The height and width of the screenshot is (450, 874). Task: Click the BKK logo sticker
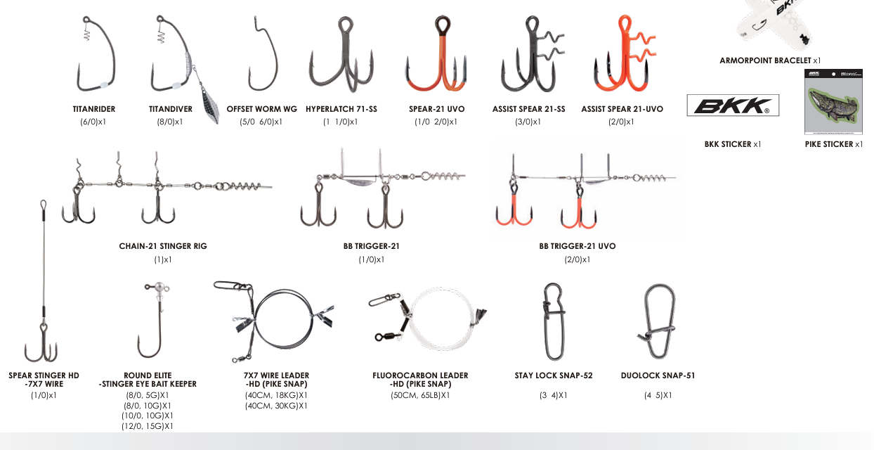733,105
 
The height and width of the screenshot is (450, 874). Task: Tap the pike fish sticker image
833,102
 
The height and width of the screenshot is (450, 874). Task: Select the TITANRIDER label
94,109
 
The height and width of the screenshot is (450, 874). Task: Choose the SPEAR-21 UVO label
436,109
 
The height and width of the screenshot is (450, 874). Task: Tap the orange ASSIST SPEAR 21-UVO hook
625,55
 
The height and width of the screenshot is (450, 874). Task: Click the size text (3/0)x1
528,122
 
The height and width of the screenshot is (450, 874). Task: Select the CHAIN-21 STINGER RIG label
163,246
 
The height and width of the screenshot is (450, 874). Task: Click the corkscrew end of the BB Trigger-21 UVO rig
651,178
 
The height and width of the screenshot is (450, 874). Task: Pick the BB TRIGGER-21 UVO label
578,246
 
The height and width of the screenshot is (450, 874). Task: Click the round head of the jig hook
159,288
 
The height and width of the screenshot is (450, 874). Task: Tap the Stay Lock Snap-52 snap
554,321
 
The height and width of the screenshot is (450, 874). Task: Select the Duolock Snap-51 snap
659,321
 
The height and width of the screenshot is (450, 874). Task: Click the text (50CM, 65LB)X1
420,395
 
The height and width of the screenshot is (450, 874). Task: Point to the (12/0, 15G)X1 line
148,426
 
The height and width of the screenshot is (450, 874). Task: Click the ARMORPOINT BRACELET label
766,60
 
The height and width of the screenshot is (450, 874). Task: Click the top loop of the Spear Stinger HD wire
44,205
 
